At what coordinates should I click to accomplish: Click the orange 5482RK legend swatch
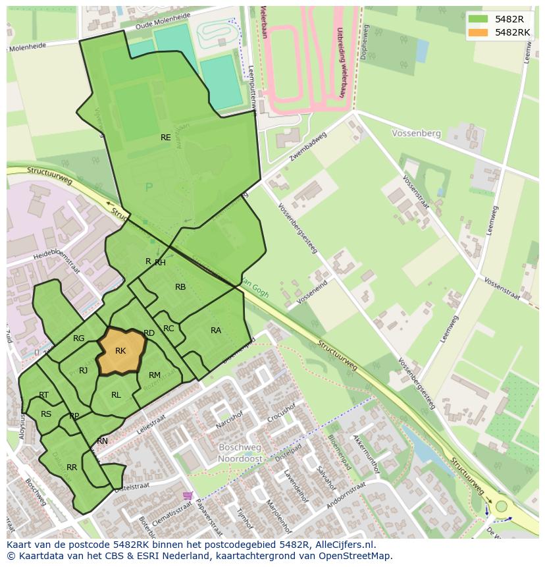(x=479, y=32)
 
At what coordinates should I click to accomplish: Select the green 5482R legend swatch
(x=479, y=18)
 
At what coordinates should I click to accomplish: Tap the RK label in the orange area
(x=120, y=351)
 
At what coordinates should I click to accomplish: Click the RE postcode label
(x=166, y=138)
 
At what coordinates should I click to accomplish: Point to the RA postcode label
(x=216, y=331)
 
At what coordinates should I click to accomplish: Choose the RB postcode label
(x=180, y=287)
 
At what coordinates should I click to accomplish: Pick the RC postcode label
(x=169, y=329)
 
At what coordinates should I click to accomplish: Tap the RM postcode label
(x=155, y=375)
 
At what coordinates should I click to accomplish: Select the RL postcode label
(x=116, y=395)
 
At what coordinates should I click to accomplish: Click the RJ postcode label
(x=84, y=371)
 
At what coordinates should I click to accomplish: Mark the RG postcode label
(x=79, y=338)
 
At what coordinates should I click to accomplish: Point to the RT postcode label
(x=44, y=395)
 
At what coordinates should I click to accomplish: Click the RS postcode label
(x=46, y=414)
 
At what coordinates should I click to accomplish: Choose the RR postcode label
(x=72, y=468)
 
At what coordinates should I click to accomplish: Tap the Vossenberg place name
(x=416, y=133)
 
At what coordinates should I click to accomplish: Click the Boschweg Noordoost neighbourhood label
(x=240, y=452)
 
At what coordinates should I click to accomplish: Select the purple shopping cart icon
(x=188, y=495)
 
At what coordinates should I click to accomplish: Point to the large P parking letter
(x=149, y=188)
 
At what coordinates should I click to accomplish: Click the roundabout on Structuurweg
(x=502, y=506)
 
